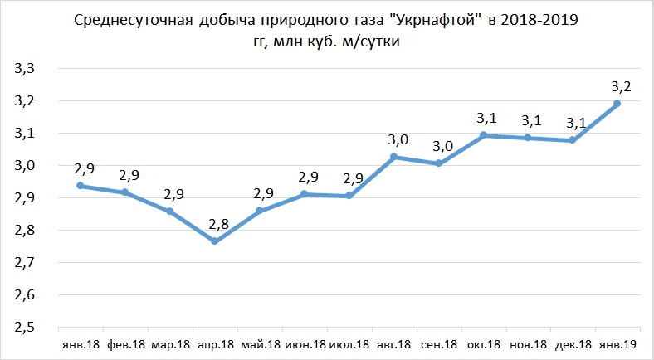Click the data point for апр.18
pos(215,241)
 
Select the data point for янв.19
pos(617,104)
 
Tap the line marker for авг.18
pos(394,157)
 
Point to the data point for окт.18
pos(483,135)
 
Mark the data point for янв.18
pos(81,186)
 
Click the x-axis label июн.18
pos(304,344)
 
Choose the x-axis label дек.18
pos(572,344)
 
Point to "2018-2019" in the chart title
pos(539,19)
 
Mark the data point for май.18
pos(259,211)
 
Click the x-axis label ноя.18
pos(528,344)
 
